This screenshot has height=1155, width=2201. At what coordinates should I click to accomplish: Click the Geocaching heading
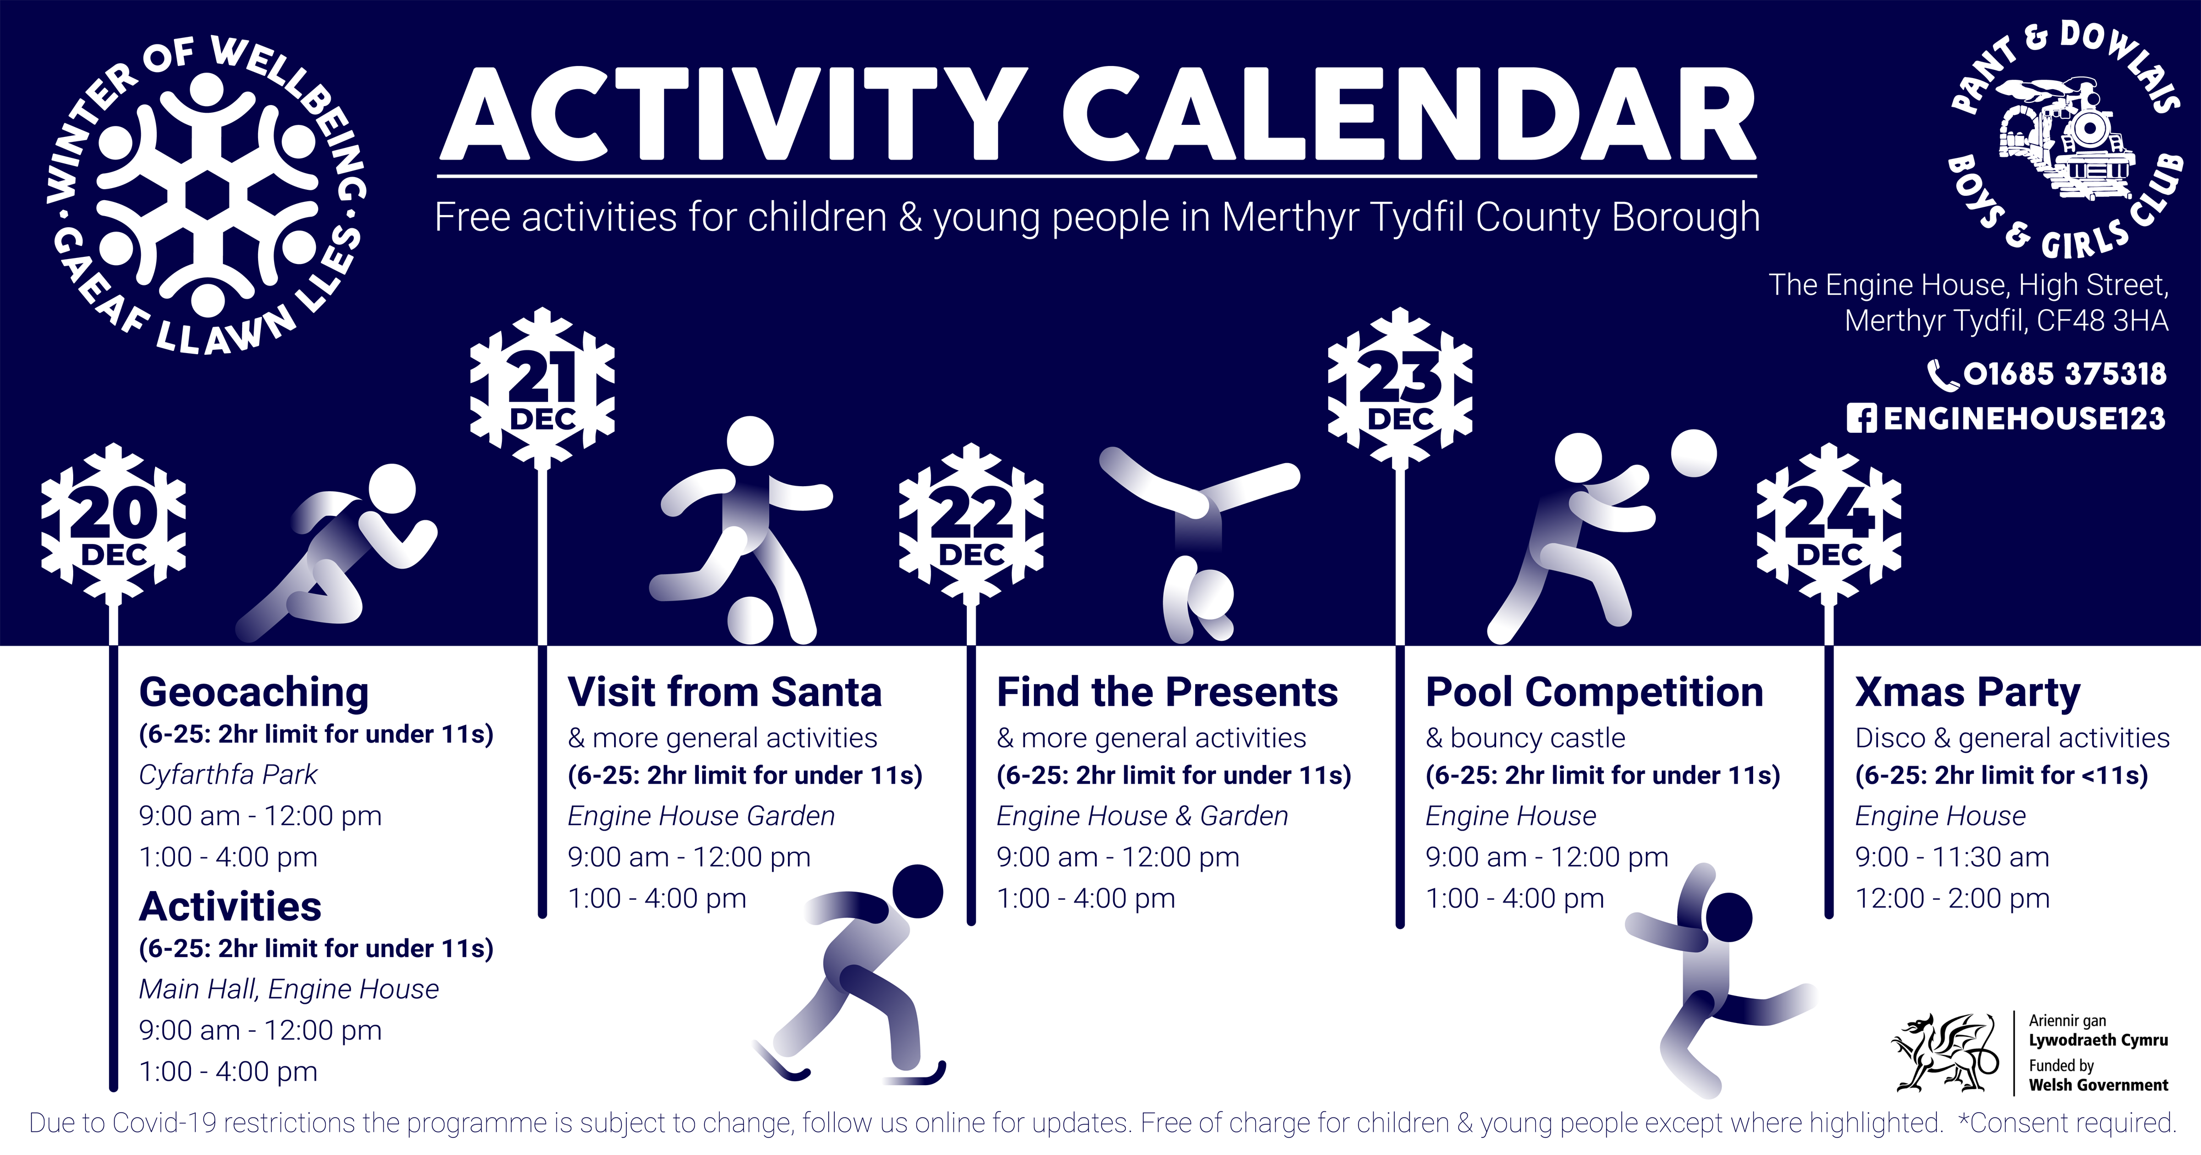[254, 694]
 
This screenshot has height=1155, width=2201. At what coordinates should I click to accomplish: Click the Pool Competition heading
[1595, 693]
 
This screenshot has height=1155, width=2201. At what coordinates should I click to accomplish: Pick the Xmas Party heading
[1968, 693]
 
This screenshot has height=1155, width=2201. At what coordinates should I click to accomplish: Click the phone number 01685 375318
[2065, 374]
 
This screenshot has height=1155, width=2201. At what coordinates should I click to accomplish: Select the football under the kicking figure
[750, 619]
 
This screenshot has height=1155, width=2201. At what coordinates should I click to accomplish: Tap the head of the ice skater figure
[918, 891]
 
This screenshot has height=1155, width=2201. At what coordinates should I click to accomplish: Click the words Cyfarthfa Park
[228, 775]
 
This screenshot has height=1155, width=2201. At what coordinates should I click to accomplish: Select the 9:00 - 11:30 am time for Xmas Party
[1952, 857]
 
